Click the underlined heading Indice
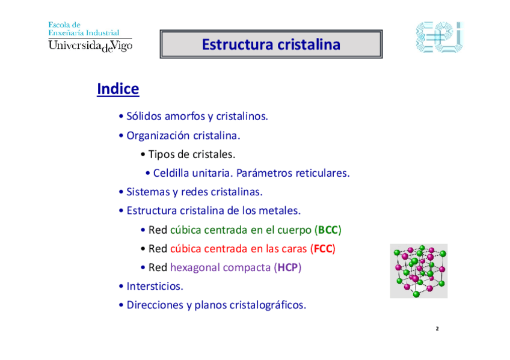click(x=118, y=89)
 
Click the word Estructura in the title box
click(x=237, y=44)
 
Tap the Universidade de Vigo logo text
click(x=90, y=46)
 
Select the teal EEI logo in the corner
click(x=440, y=37)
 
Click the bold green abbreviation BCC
click(x=328, y=230)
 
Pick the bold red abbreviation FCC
click(x=322, y=249)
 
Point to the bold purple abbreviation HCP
click(x=287, y=267)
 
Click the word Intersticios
click(x=155, y=286)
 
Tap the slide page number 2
click(x=437, y=329)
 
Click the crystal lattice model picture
click(x=419, y=271)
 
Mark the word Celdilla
click(x=171, y=173)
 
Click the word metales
click(x=280, y=211)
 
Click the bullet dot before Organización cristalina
click(x=121, y=135)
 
